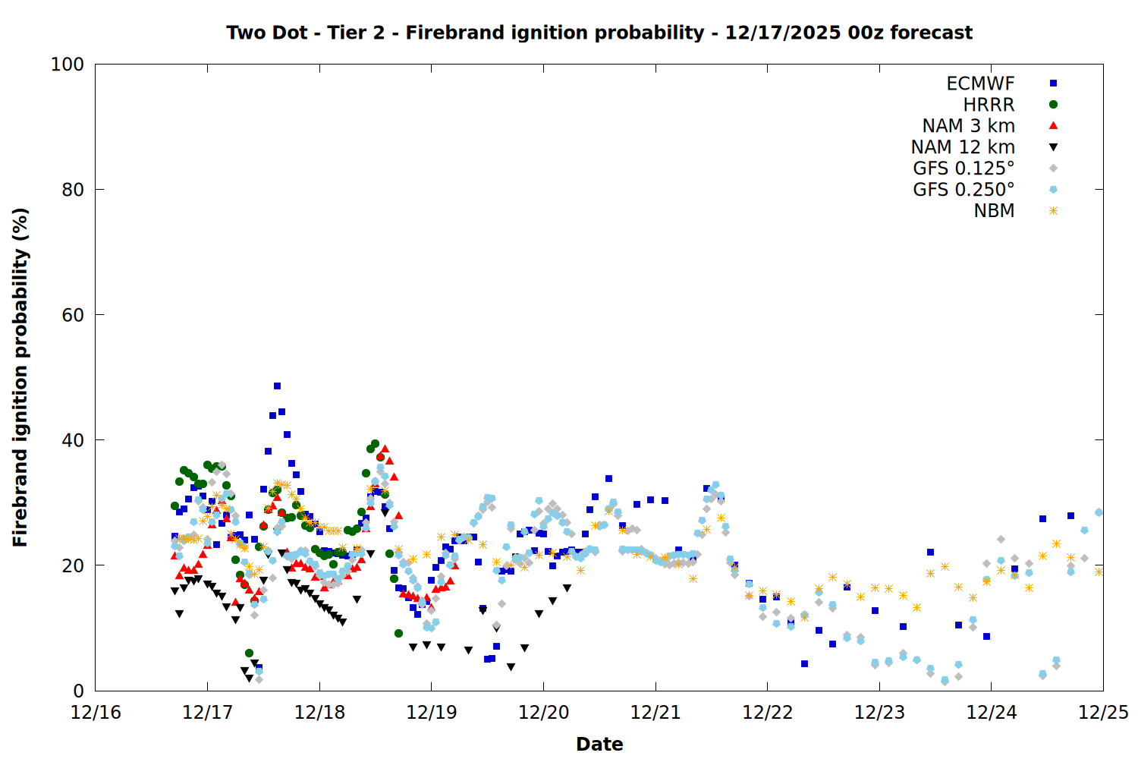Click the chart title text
(x=599, y=33)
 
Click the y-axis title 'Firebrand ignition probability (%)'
(x=20, y=377)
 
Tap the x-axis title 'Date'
(x=599, y=744)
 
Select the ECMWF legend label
(x=980, y=83)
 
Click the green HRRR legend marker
(x=1053, y=105)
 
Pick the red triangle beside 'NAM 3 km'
(x=1053, y=126)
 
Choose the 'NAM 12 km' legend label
(x=963, y=147)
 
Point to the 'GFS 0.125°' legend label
(x=964, y=168)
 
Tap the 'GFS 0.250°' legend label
(x=964, y=190)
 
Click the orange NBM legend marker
(x=1053, y=211)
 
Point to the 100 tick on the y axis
(x=68, y=65)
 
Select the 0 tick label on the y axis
(x=78, y=691)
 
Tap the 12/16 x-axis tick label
(x=96, y=713)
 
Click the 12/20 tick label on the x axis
(x=543, y=713)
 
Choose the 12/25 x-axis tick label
(x=1103, y=713)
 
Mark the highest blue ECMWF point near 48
(x=277, y=386)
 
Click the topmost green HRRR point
(x=375, y=444)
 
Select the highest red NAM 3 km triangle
(x=385, y=449)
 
